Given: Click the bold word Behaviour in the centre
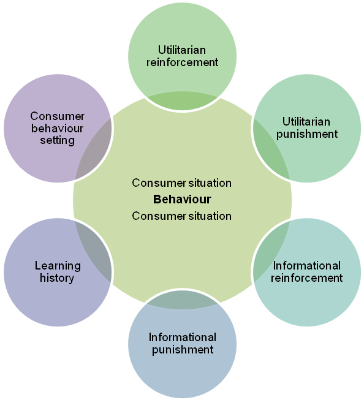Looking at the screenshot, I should tap(182, 199).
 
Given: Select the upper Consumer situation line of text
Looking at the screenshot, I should tap(182, 183).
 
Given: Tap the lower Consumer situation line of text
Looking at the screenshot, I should tap(182, 216).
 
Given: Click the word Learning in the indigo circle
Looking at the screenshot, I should tap(58, 266).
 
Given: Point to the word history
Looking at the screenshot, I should tap(58, 278).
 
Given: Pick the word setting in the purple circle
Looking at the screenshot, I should tap(58, 140).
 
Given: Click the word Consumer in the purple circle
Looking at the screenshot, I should tap(58, 116).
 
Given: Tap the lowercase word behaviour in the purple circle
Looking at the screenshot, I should tap(58, 128).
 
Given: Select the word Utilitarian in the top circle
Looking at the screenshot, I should tap(182, 50).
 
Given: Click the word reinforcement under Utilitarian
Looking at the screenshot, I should tap(182, 62).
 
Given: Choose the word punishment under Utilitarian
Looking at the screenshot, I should tap(307, 134).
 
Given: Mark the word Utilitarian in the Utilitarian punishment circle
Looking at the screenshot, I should tap(307, 121).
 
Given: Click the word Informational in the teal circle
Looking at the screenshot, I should tap(307, 266).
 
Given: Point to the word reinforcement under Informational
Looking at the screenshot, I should tap(307, 278).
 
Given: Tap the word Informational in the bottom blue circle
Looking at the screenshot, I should tap(182, 338).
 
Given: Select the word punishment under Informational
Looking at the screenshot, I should tap(182, 350).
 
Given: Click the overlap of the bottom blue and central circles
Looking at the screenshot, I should tap(182, 300).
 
